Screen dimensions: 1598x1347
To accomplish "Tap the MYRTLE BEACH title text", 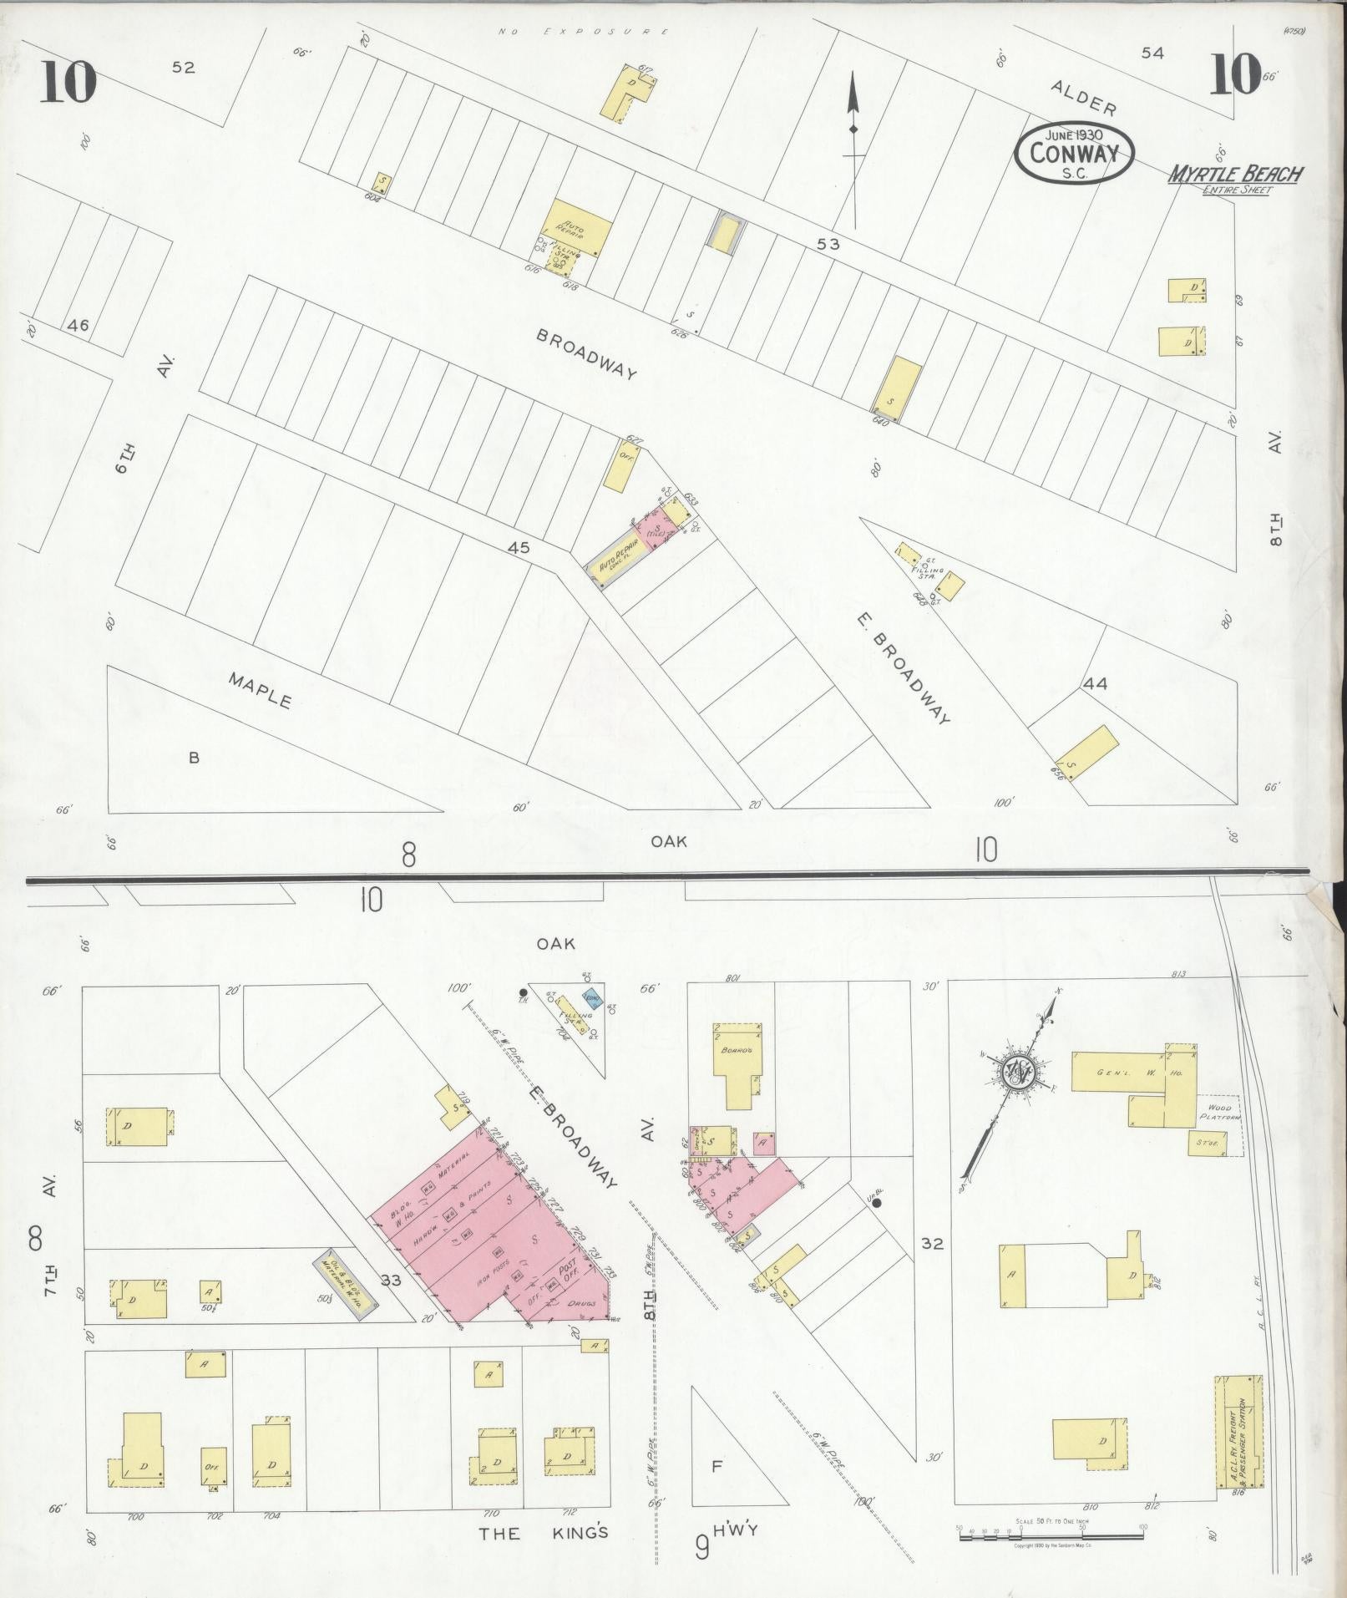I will pyautogui.click(x=1236, y=175).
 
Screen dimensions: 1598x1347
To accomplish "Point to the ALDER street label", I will pyautogui.click(x=1083, y=98).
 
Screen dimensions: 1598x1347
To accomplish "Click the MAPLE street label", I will pyautogui.click(x=261, y=690).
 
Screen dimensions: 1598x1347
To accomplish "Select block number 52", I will pyautogui.click(x=183, y=68).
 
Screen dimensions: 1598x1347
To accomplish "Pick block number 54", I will pyautogui.click(x=1152, y=53).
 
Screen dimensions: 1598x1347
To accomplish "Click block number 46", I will pyautogui.click(x=79, y=326).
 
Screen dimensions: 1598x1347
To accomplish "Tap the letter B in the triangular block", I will pyautogui.click(x=194, y=758).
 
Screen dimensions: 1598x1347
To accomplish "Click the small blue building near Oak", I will pyautogui.click(x=593, y=999).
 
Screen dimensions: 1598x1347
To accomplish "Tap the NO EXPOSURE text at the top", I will pyautogui.click(x=582, y=32).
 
